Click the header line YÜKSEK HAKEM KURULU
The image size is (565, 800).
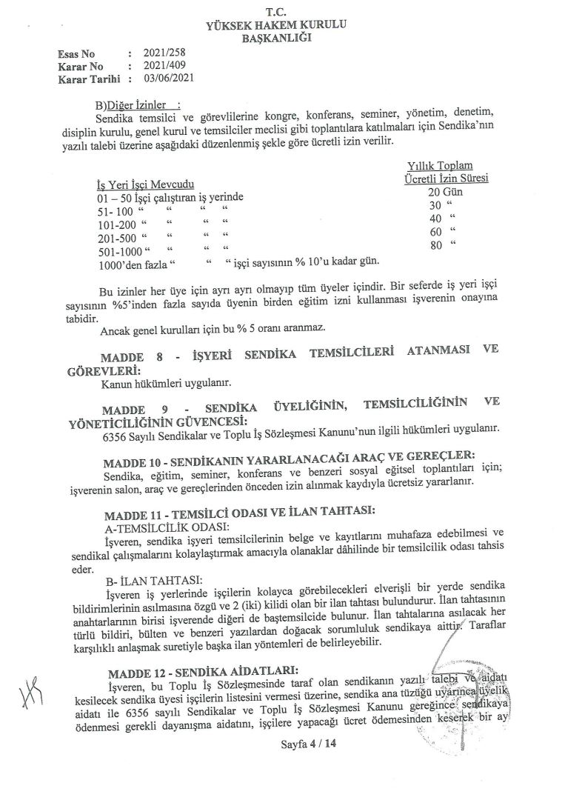coord(278,26)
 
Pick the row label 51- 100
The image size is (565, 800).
coord(113,212)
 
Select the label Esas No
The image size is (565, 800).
coord(76,54)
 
